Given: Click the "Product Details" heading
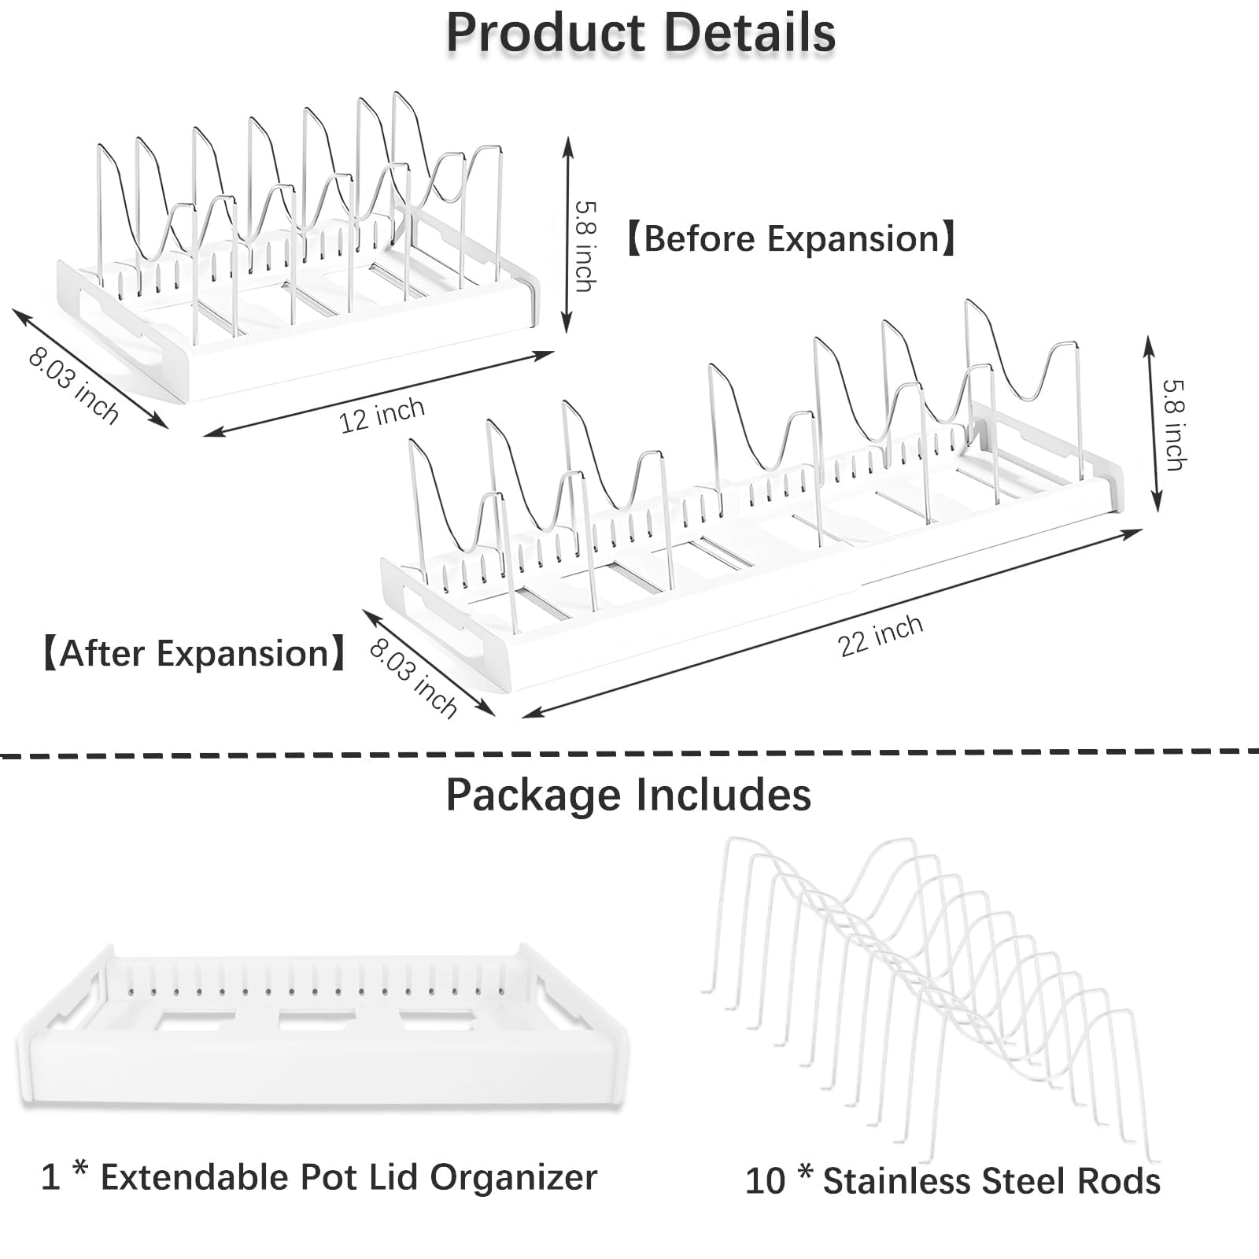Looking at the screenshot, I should click(641, 33).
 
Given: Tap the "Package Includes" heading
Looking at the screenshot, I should click(628, 795).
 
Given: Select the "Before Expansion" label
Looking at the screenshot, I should click(791, 238).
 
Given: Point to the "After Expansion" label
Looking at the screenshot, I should click(194, 654).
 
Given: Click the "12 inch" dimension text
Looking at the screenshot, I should click(382, 415).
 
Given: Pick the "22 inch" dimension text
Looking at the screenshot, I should click(880, 636).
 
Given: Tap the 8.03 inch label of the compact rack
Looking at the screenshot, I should click(73, 386).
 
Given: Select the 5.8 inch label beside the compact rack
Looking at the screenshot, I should click(585, 246).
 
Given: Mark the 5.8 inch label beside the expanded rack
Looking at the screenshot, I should click(1173, 425).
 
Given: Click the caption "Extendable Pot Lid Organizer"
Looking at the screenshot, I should click(349, 1178).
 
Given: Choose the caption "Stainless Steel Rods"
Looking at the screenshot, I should click(991, 1182).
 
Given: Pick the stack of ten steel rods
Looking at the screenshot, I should click(929, 991).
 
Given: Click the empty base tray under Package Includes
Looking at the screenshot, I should click(323, 1031).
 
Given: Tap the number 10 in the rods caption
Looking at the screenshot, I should click(765, 1182).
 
